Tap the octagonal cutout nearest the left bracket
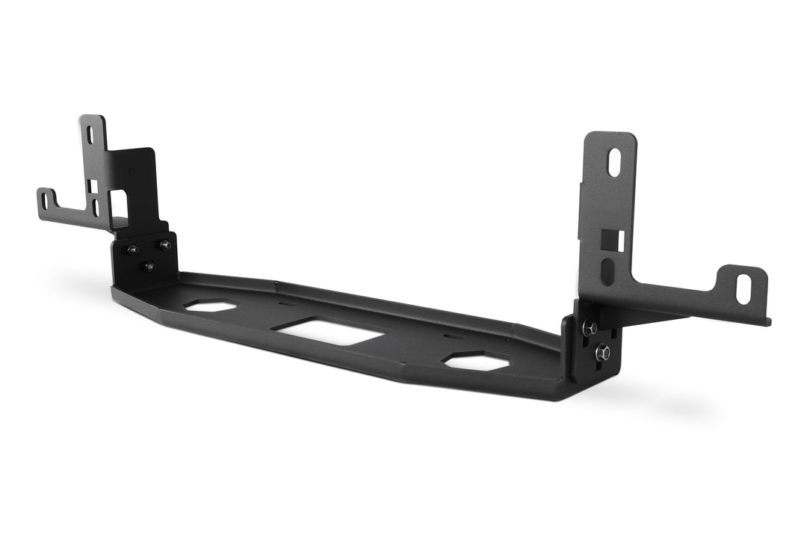[x=211, y=306]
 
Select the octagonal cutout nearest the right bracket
[x=476, y=362]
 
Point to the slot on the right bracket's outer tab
[x=743, y=288]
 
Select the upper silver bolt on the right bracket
[x=590, y=327]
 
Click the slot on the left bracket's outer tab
[x=45, y=200]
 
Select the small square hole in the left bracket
[x=93, y=185]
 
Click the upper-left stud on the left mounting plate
[x=132, y=250]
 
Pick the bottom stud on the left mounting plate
[x=149, y=266]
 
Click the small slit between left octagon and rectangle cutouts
[x=287, y=304]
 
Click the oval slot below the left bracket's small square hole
[x=96, y=207]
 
